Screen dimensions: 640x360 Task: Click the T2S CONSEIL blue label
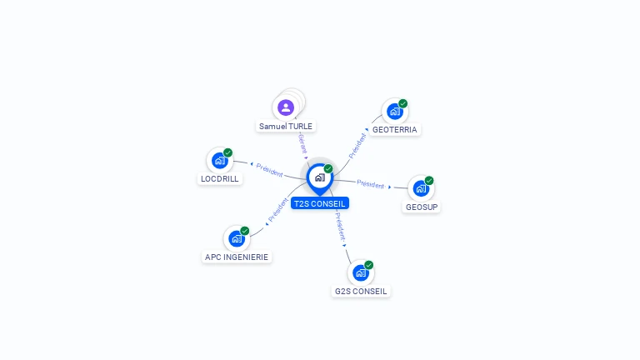pyautogui.click(x=320, y=203)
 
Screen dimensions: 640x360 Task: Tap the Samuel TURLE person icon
pyautogui.click(x=286, y=107)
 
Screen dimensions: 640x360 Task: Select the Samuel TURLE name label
pyautogui.click(x=286, y=127)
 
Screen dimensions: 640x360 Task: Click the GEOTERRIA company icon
pyautogui.click(x=394, y=112)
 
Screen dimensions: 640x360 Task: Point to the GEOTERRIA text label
pyautogui.click(x=395, y=130)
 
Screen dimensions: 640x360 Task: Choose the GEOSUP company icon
pyautogui.click(x=421, y=188)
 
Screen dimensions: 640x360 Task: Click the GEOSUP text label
pyautogui.click(x=422, y=207)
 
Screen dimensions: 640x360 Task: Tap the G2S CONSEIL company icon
pyautogui.click(x=360, y=272)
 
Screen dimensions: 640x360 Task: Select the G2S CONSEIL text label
pyautogui.click(x=361, y=291)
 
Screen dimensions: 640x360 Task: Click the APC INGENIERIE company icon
pyautogui.click(x=236, y=238)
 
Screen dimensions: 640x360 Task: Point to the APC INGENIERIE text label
pyautogui.click(x=237, y=257)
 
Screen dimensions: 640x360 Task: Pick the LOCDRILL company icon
pyautogui.click(x=219, y=160)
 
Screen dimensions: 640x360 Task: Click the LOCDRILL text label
pyautogui.click(x=220, y=178)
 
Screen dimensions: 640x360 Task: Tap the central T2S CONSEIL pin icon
pyautogui.click(x=319, y=177)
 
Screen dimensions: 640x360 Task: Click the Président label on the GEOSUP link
pyautogui.click(x=370, y=183)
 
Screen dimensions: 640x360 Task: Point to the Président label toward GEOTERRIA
pyautogui.click(x=357, y=146)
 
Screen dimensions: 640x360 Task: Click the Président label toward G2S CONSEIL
pyautogui.click(x=340, y=225)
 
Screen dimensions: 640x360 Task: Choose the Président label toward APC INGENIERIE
pyautogui.click(x=277, y=211)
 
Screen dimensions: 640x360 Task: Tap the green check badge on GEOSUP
pyautogui.click(x=429, y=180)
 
